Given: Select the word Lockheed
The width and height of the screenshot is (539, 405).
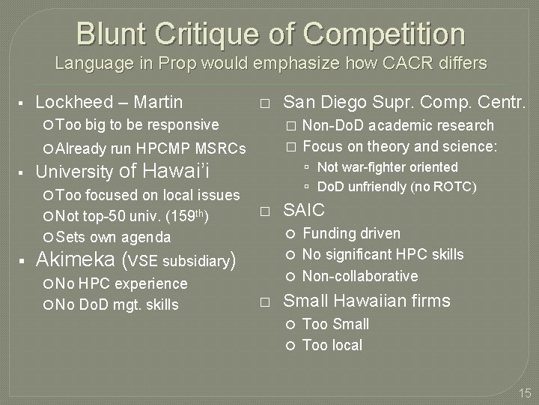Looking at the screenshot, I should coord(72,100).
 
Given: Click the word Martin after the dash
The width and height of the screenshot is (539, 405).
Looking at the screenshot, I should coord(157,100).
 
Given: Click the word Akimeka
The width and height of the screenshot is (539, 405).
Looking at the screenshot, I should coord(76,260).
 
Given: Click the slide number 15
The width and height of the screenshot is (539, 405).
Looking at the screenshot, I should coord(524,392).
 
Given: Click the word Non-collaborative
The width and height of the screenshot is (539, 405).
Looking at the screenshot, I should coord(360,276).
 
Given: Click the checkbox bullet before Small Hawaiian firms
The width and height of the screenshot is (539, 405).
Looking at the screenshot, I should coord(264,302).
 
